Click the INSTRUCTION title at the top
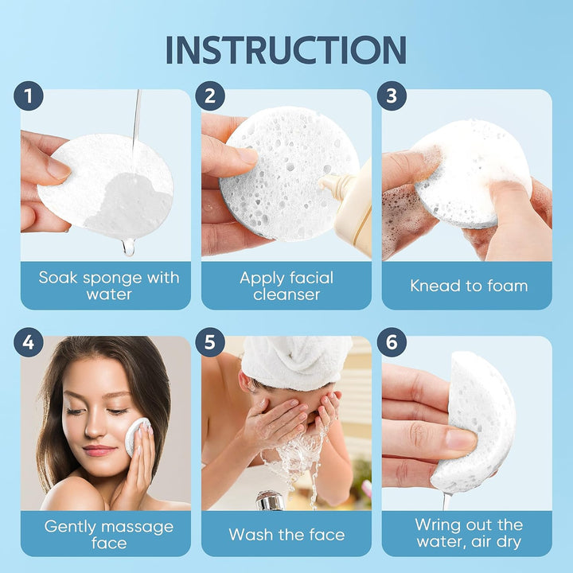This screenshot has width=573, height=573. click(286, 49)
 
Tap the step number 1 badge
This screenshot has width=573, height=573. click(29, 96)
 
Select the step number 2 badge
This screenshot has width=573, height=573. click(210, 96)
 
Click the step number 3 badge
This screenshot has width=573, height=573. click(391, 96)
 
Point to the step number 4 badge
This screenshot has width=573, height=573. click(29, 343)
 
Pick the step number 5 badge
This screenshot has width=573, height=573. click(210, 343)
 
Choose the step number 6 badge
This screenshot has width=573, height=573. click(391, 343)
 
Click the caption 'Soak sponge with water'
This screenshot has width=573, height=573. click(109, 286)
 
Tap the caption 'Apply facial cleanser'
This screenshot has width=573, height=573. click(286, 286)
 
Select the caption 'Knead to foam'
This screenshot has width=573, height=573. click(469, 286)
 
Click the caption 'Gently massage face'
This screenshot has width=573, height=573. click(109, 534)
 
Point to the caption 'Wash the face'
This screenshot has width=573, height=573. click(286, 534)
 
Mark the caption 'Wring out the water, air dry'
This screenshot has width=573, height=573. click(469, 533)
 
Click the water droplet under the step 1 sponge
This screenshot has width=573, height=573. click(128, 248)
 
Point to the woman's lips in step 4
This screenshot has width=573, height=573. click(99, 450)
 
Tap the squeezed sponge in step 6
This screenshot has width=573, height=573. click(481, 422)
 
